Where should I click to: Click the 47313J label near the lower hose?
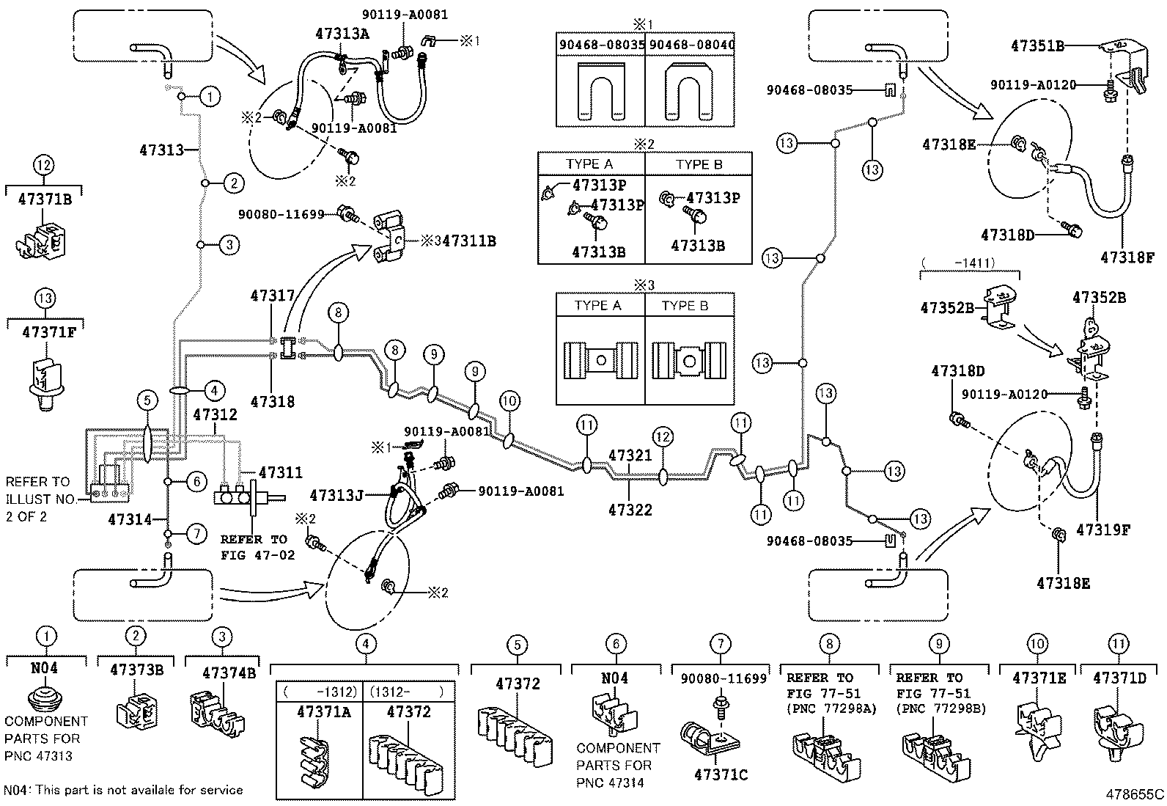coord(336,495)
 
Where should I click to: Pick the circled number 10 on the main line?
coord(509,400)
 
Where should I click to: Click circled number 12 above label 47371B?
coord(44,165)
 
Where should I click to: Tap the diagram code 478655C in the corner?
coord(1135,794)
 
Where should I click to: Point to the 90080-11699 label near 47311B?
coord(281,214)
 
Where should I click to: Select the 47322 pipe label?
coord(630,509)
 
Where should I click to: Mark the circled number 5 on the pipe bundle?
coord(147,400)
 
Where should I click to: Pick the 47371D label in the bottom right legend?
coord(1119,678)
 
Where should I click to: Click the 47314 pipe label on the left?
coord(130,519)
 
